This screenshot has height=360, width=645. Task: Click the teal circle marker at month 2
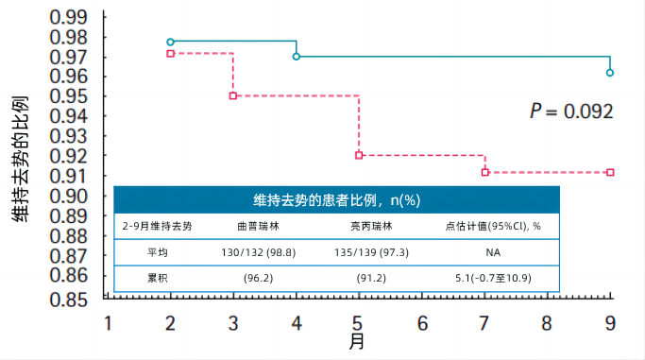click(170, 43)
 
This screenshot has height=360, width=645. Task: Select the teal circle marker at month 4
click(297, 57)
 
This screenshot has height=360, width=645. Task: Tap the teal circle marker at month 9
click(610, 73)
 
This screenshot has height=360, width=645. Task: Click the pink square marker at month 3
click(233, 96)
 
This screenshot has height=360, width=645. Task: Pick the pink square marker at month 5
click(359, 155)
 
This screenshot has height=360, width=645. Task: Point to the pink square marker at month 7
click(484, 172)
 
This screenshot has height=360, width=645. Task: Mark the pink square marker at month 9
click(610, 172)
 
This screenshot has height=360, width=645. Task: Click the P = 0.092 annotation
click(571, 111)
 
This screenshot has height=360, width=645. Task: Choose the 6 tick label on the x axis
click(421, 322)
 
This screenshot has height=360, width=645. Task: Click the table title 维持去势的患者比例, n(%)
click(336, 200)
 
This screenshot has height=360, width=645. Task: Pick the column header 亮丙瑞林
click(359, 227)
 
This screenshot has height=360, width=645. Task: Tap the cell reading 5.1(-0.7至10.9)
click(492, 279)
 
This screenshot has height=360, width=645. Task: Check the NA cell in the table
click(492, 253)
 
